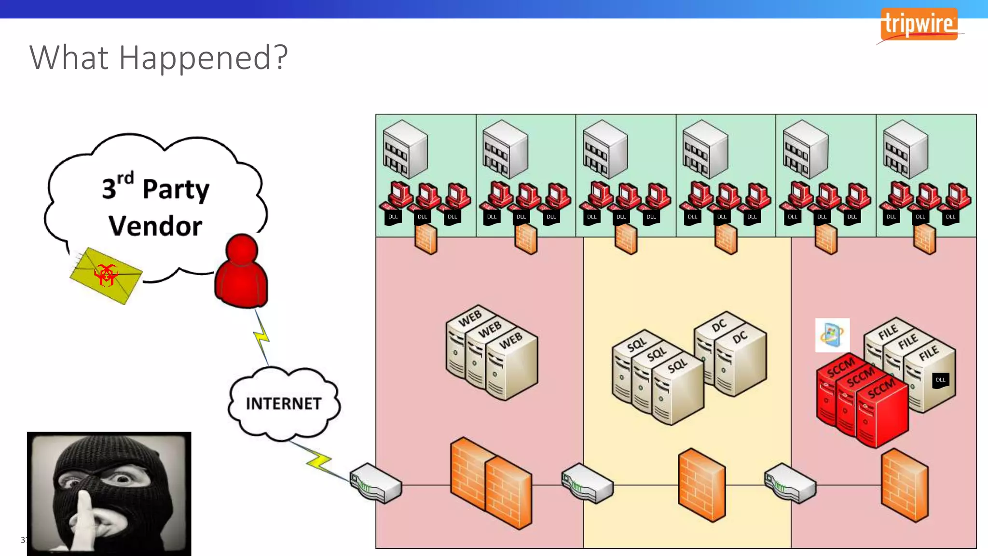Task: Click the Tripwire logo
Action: pyautogui.click(x=919, y=25)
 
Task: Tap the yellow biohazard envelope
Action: pyautogui.click(x=106, y=275)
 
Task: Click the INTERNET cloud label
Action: pyautogui.click(x=284, y=403)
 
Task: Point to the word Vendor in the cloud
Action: pyautogui.click(x=155, y=226)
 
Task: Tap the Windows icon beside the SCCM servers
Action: pyautogui.click(x=832, y=335)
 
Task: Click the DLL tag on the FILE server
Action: pyautogui.click(x=941, y=380)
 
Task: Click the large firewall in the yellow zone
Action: pyautogui.click(x=701, y=485)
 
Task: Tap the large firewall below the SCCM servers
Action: pyautogui.click(x=905, y=485)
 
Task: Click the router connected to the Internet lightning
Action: pyautogui.click(x=375, y=483)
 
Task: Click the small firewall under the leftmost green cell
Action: pyautogui.click(x=426, y=239)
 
